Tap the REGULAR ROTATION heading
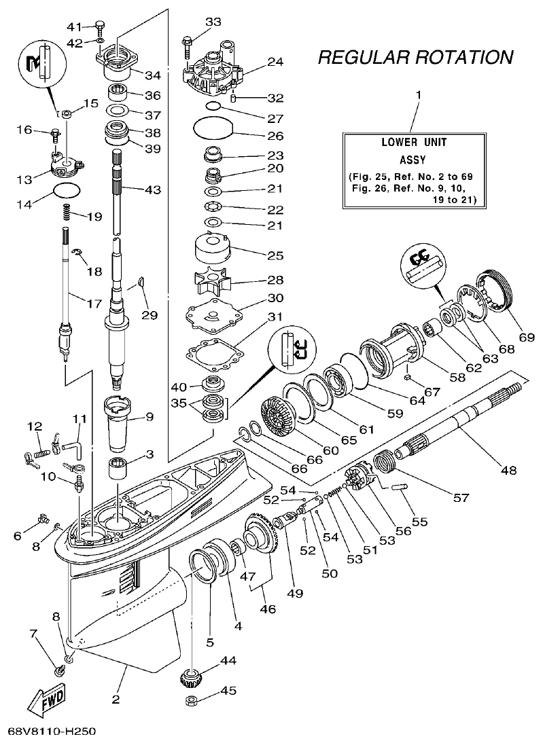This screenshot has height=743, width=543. coord(415,57)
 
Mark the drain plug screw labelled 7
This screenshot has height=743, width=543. coord(59,671)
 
